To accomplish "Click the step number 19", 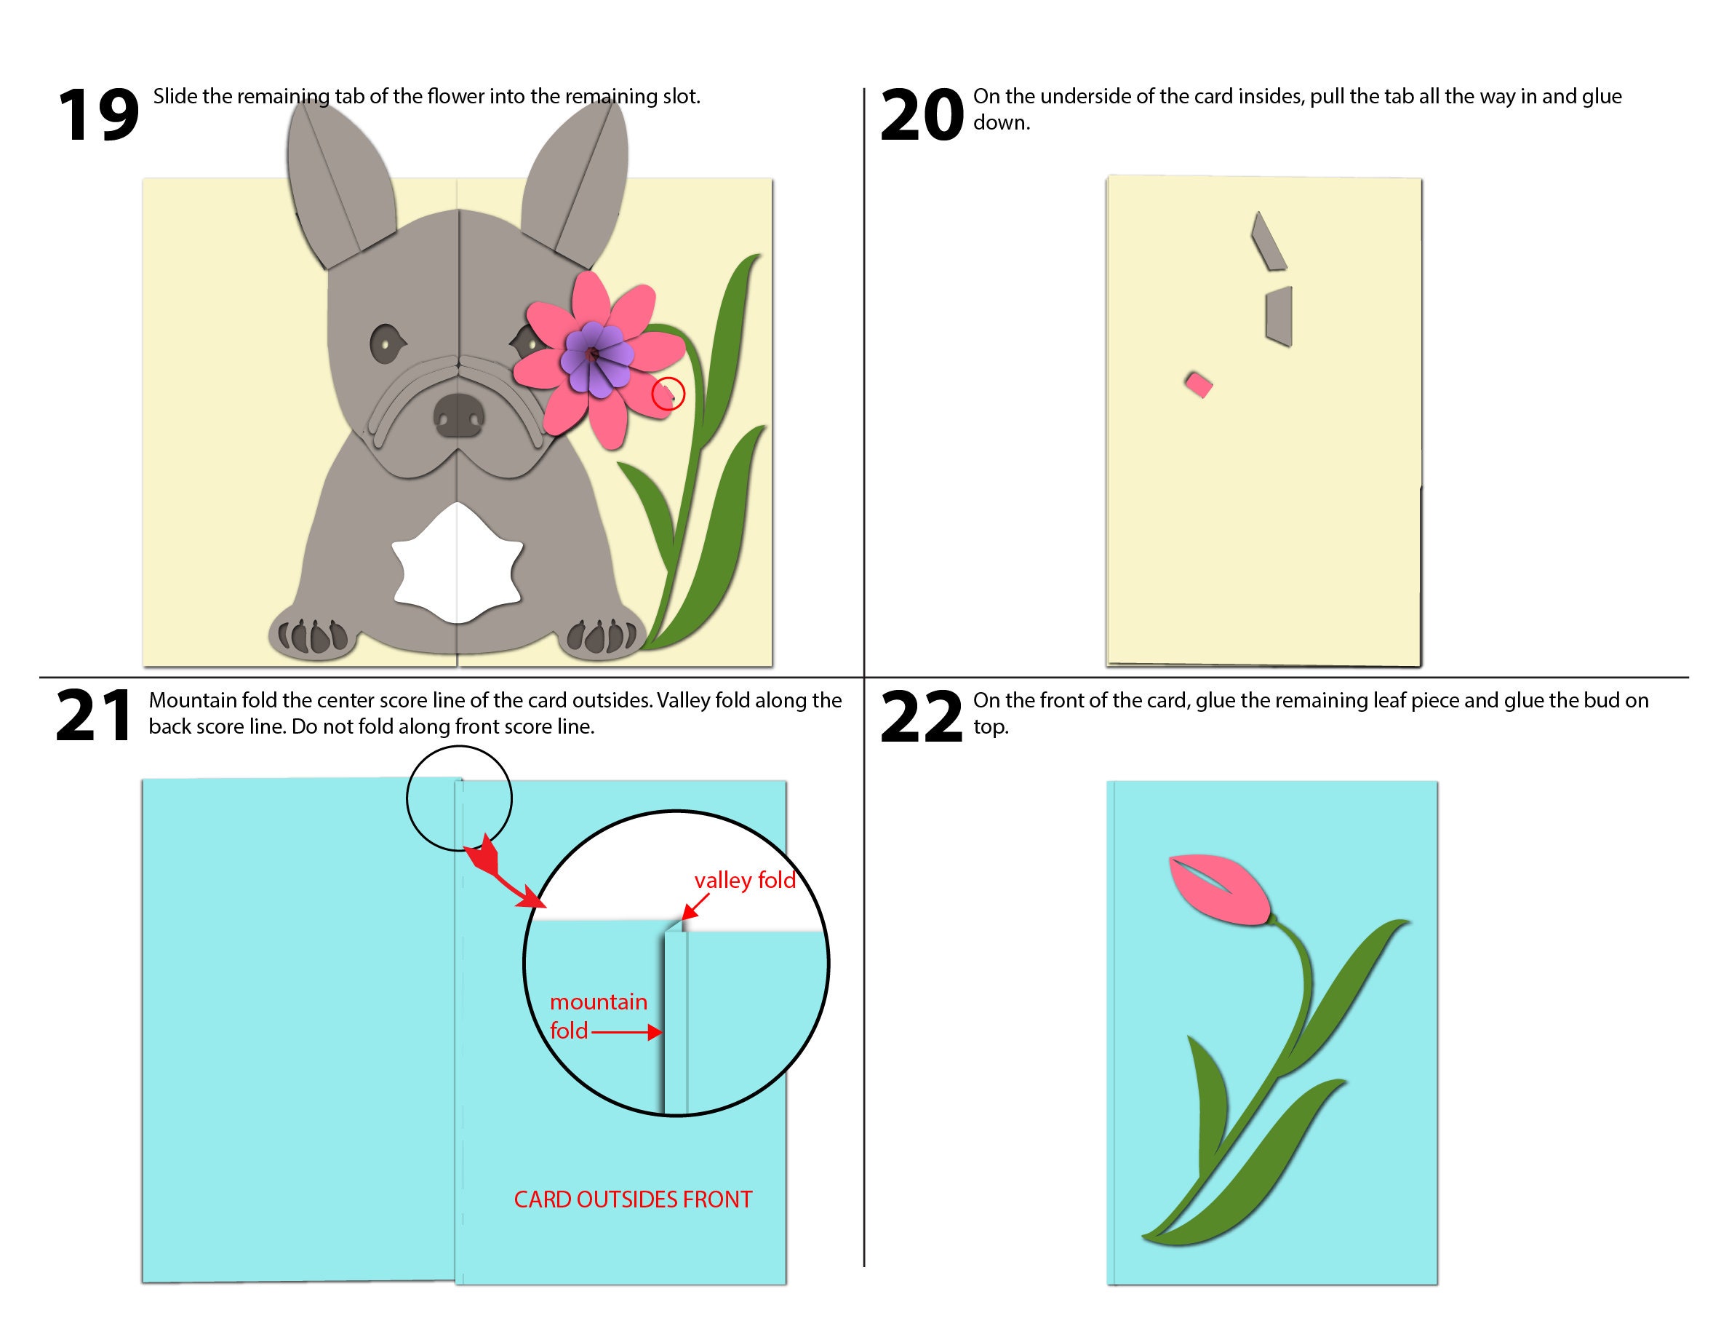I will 98,116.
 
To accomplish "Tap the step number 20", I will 922,116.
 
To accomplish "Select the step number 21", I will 93,716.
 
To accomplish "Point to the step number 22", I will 922,718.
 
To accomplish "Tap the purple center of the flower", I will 595,358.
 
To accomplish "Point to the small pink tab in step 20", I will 1199,385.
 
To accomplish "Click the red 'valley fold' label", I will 744,881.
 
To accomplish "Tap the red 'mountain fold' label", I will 597,1016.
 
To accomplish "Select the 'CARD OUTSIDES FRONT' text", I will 633,1199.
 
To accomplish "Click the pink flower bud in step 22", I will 1219,889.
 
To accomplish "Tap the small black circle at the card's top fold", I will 459,798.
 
